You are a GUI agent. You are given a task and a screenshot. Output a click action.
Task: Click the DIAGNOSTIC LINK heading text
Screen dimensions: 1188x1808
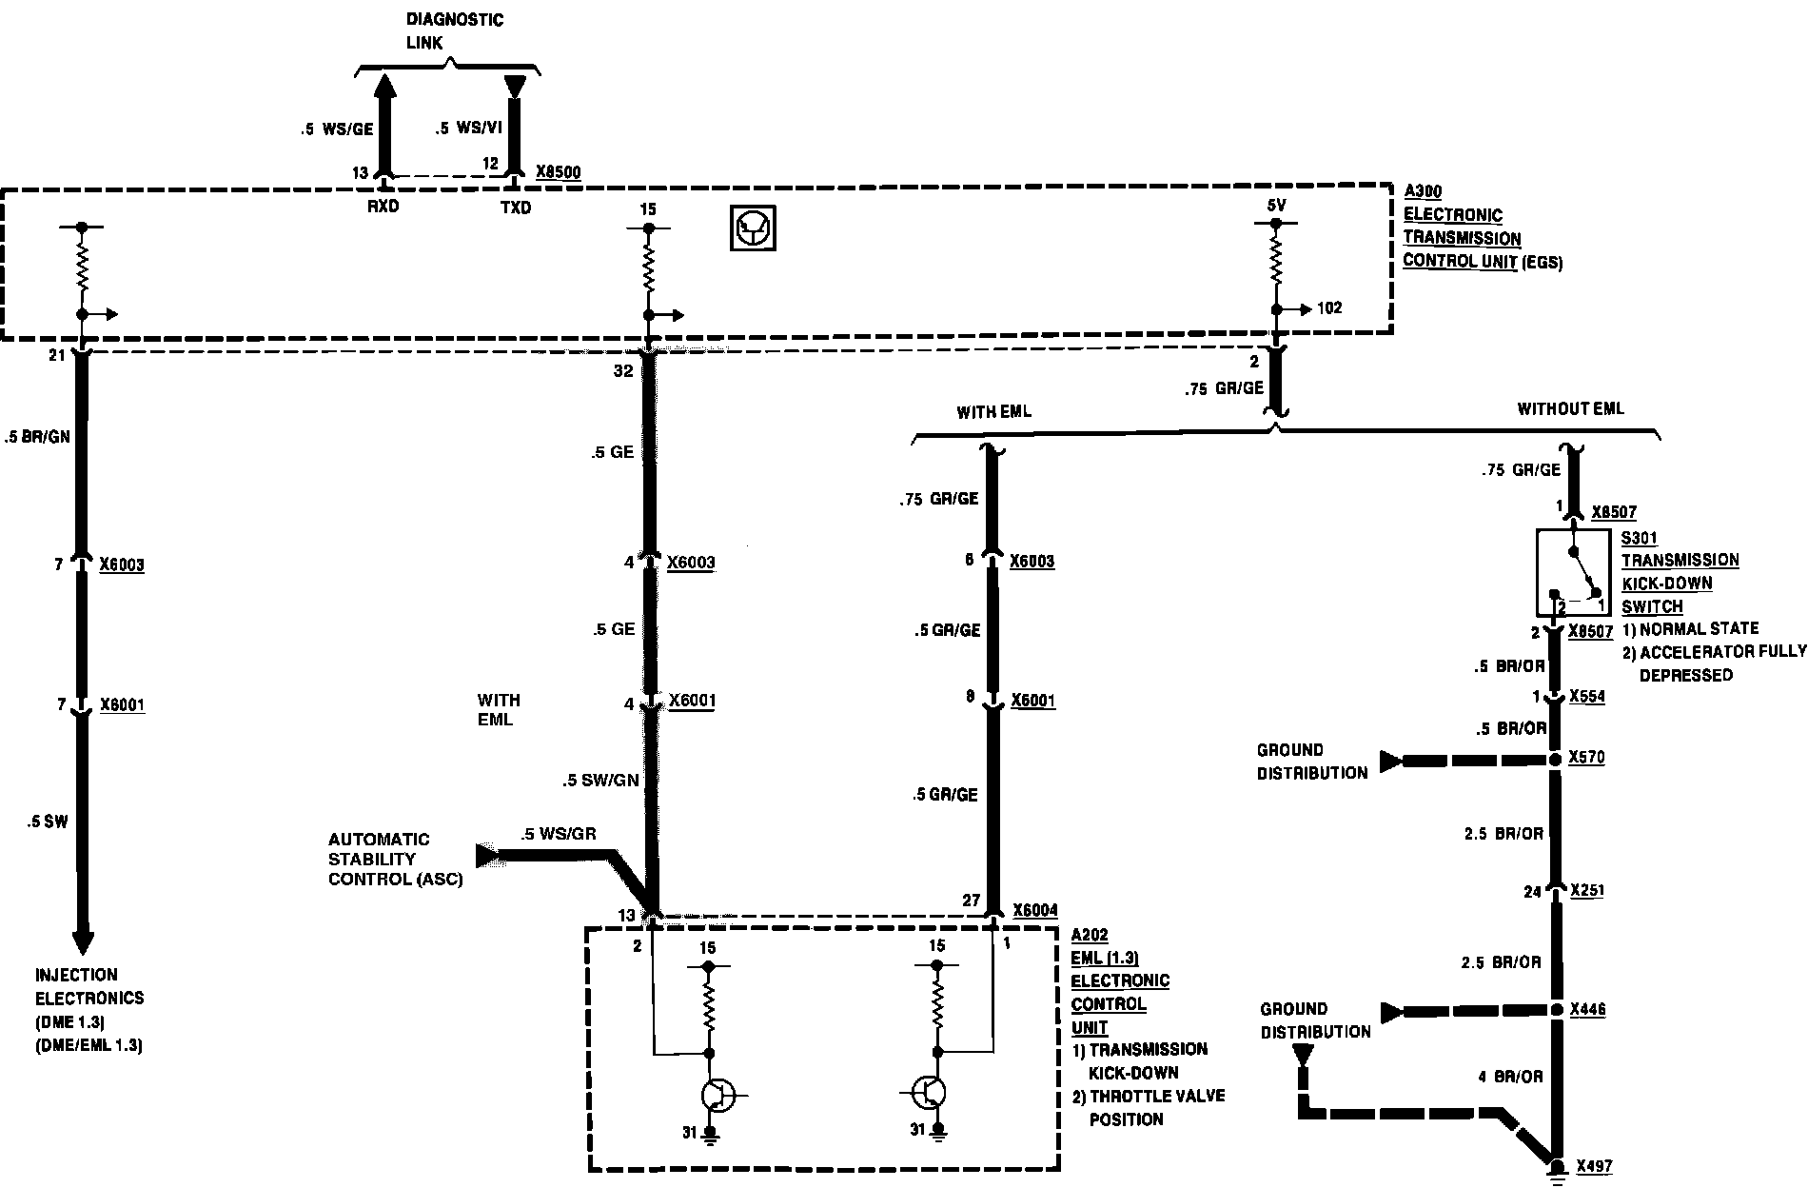(455, 31)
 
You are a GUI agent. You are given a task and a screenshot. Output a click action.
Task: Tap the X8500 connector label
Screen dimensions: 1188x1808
(558, 172)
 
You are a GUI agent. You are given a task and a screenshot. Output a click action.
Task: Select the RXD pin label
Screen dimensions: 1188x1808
(383, 208)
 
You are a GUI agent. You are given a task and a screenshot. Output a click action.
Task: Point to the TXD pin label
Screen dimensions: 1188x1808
(515, 208)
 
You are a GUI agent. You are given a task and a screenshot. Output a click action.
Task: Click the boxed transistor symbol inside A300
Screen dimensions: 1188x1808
(753, 228)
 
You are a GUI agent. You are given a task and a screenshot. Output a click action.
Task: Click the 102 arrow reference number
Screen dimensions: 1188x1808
(1328, 308)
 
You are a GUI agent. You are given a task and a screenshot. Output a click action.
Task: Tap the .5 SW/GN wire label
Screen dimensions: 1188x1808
(599, 781)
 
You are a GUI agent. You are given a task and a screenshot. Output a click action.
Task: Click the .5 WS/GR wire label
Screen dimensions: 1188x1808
(559, 834)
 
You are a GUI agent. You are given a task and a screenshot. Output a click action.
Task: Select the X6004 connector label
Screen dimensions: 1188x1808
(1035, 910)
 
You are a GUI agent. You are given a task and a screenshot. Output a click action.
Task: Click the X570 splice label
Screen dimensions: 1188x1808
(1587, 758)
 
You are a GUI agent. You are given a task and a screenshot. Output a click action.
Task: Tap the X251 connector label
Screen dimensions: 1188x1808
(1587, 890)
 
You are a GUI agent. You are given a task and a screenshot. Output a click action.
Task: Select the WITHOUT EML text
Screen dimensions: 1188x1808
(1570, 409)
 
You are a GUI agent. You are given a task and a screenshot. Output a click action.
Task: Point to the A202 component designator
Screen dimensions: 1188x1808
(1089, 936)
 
